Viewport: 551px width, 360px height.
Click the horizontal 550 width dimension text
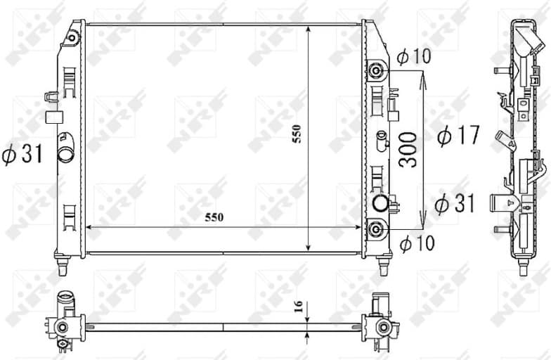click(214, 218)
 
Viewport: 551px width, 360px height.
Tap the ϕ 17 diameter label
click(458, 135)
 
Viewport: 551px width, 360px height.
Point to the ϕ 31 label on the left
click(23, 154)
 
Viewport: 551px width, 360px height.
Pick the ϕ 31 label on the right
click(454, 204)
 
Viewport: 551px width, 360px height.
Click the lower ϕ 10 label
click(417, 244)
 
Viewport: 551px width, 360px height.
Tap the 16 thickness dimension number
click(297, 307)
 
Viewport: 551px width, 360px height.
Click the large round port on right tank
click(380, 202)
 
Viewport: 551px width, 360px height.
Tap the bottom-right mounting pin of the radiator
click(383, 268)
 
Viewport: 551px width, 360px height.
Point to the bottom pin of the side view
click(523, 268)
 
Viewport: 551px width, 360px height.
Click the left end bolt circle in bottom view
click(63, 327)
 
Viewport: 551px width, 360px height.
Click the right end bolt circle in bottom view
click(382, 326)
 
